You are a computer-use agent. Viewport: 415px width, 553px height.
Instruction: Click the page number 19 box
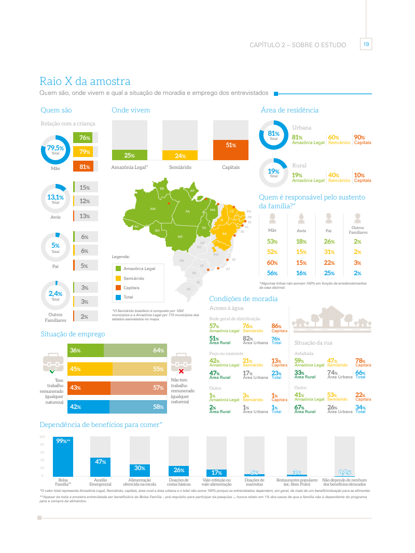click(x=366, y=45)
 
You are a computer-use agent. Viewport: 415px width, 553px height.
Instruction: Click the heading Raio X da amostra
click(x=85, y=81)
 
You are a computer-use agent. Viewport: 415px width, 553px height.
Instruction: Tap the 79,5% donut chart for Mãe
click(x=56, y=150)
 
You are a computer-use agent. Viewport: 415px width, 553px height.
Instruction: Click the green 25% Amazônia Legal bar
click(x=129, y=155)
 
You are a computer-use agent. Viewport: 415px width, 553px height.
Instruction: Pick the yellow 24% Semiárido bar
click(x=180, y=155)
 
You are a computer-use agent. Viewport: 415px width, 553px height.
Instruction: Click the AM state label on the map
click(x=153, y=208)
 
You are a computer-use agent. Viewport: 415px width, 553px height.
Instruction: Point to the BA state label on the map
click(x=225, y=234)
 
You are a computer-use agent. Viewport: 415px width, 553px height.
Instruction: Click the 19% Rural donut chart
click(x=273, y=172)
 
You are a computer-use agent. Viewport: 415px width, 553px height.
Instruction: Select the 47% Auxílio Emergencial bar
click(x=100, y=466)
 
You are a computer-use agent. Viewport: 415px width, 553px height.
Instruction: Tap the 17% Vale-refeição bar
click(x=216, y=473)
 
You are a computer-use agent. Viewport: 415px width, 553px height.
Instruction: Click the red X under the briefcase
click(x=181, y=371)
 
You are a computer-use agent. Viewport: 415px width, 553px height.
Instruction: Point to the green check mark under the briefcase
click(x=52, y=371)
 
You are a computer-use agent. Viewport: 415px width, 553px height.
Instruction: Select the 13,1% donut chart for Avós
click(x=56, y=198)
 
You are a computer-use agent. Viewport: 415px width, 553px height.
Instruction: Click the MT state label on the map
click(x=180, y=236)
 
